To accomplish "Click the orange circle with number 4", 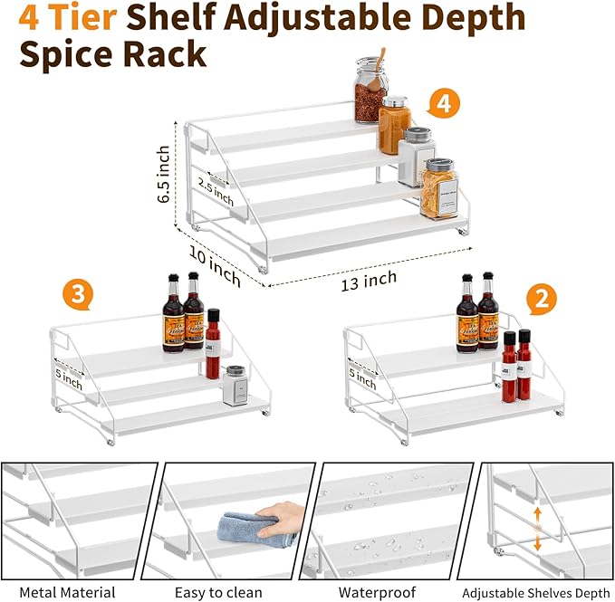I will point(443,105).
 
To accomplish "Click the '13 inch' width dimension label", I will point(369,280).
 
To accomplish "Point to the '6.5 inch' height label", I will point(163,174).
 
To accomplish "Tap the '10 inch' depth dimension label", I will point(215,267).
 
